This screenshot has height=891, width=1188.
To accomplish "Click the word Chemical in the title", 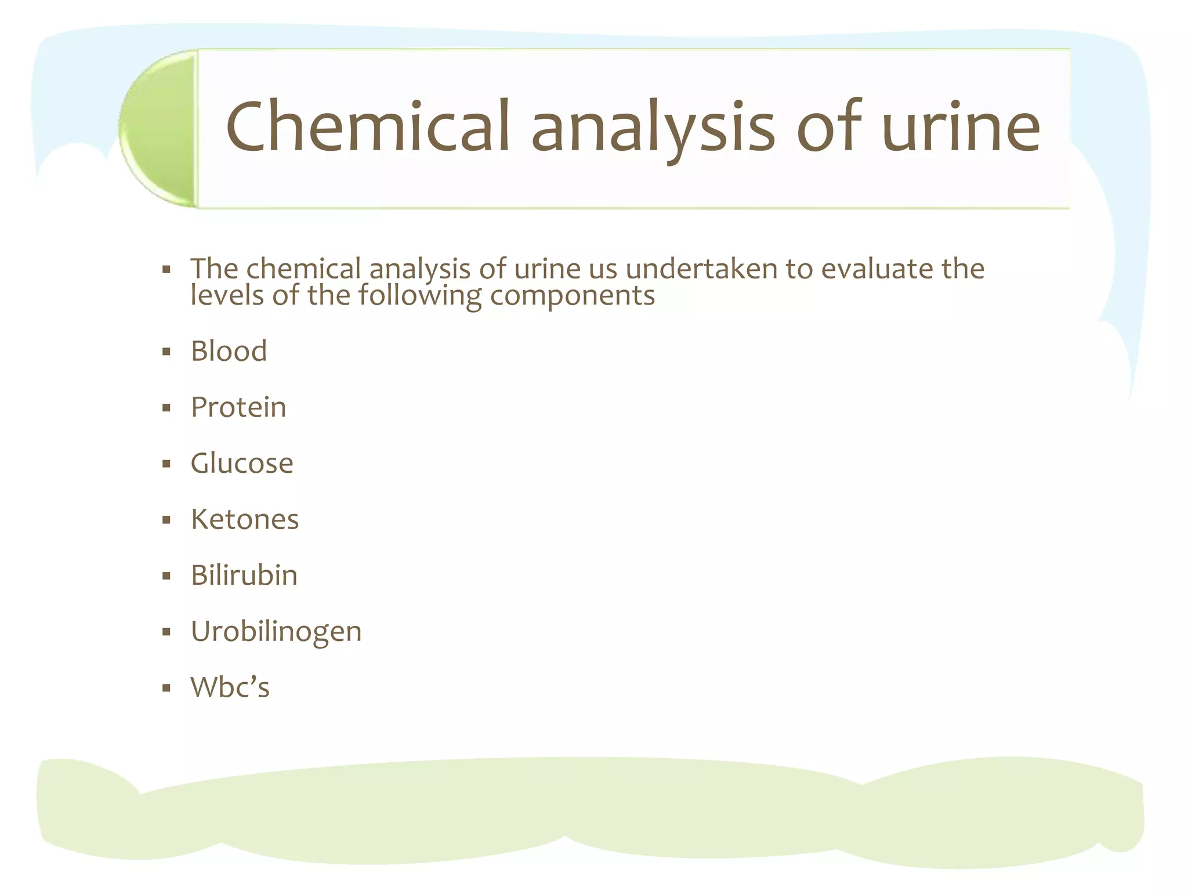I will click(x=368, y=126).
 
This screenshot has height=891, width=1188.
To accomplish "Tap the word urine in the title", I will click(x=961, y=126).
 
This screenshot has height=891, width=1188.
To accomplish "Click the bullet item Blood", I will click(x=229, y=351).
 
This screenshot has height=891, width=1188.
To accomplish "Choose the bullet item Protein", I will click(x=238, y=407).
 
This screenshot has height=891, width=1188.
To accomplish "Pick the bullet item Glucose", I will click(x=242, y=463).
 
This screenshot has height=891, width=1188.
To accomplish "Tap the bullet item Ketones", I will click(x=245, y=519).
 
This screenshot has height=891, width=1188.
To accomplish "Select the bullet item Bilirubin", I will click(x=244, y=575).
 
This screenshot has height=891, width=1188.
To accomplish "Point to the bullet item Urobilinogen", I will click(x=276, y=632).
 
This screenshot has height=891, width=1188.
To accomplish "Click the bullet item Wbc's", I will click(x=230, y=687).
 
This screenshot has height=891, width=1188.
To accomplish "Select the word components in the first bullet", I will click(x=573, y=296).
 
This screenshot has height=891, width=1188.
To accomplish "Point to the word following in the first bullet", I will click(x=419, y=296).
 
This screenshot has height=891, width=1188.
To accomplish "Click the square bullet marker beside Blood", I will click(x=166, y=352).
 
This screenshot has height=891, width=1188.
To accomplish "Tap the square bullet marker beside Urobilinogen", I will click(x=166, y=632).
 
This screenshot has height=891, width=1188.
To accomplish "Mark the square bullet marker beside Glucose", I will click(x=166, y=464).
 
